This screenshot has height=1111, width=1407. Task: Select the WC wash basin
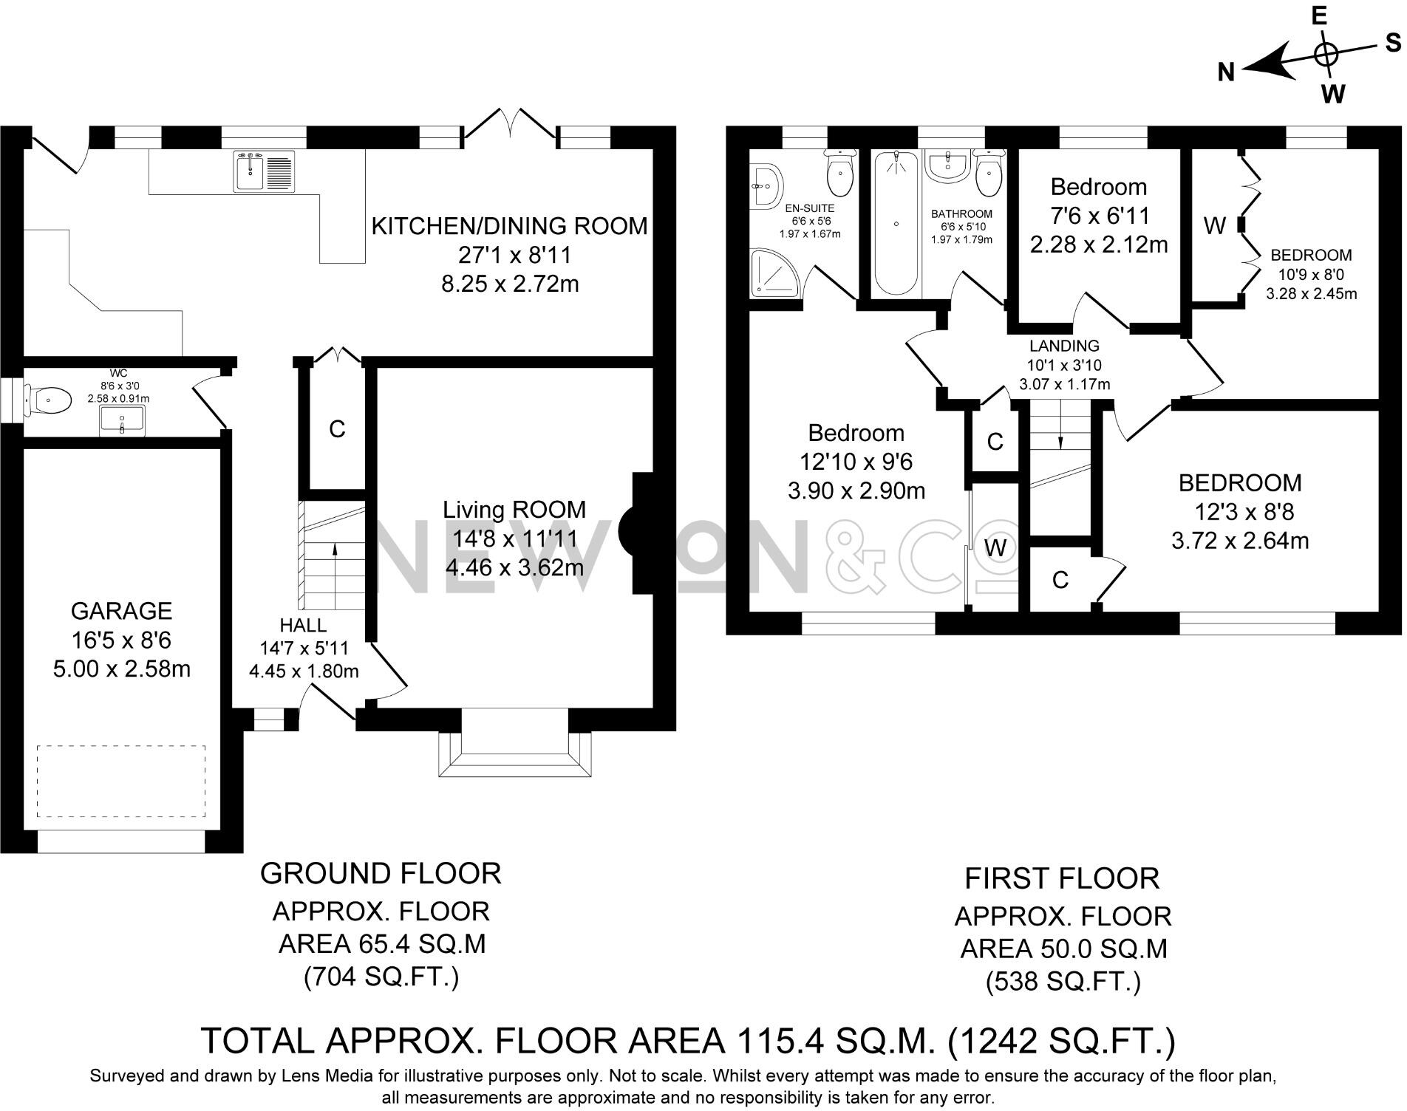coord(123,423)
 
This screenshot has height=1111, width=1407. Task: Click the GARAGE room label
coord(121,611)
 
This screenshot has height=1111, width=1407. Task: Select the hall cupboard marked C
coord(337,429)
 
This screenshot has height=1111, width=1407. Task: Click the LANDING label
coord(1064,346)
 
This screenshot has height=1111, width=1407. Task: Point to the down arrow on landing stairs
coord(1060,440)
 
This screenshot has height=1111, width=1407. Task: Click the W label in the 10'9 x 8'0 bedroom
coord(1214,226)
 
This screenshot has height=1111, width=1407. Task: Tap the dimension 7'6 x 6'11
coord(1099,216)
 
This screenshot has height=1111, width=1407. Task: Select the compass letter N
coord(1227,72)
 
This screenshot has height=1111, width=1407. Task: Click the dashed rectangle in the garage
coord(121,781)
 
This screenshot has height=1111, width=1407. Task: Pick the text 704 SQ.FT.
coord(381,977)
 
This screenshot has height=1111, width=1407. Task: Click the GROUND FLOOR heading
coord(381,873)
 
